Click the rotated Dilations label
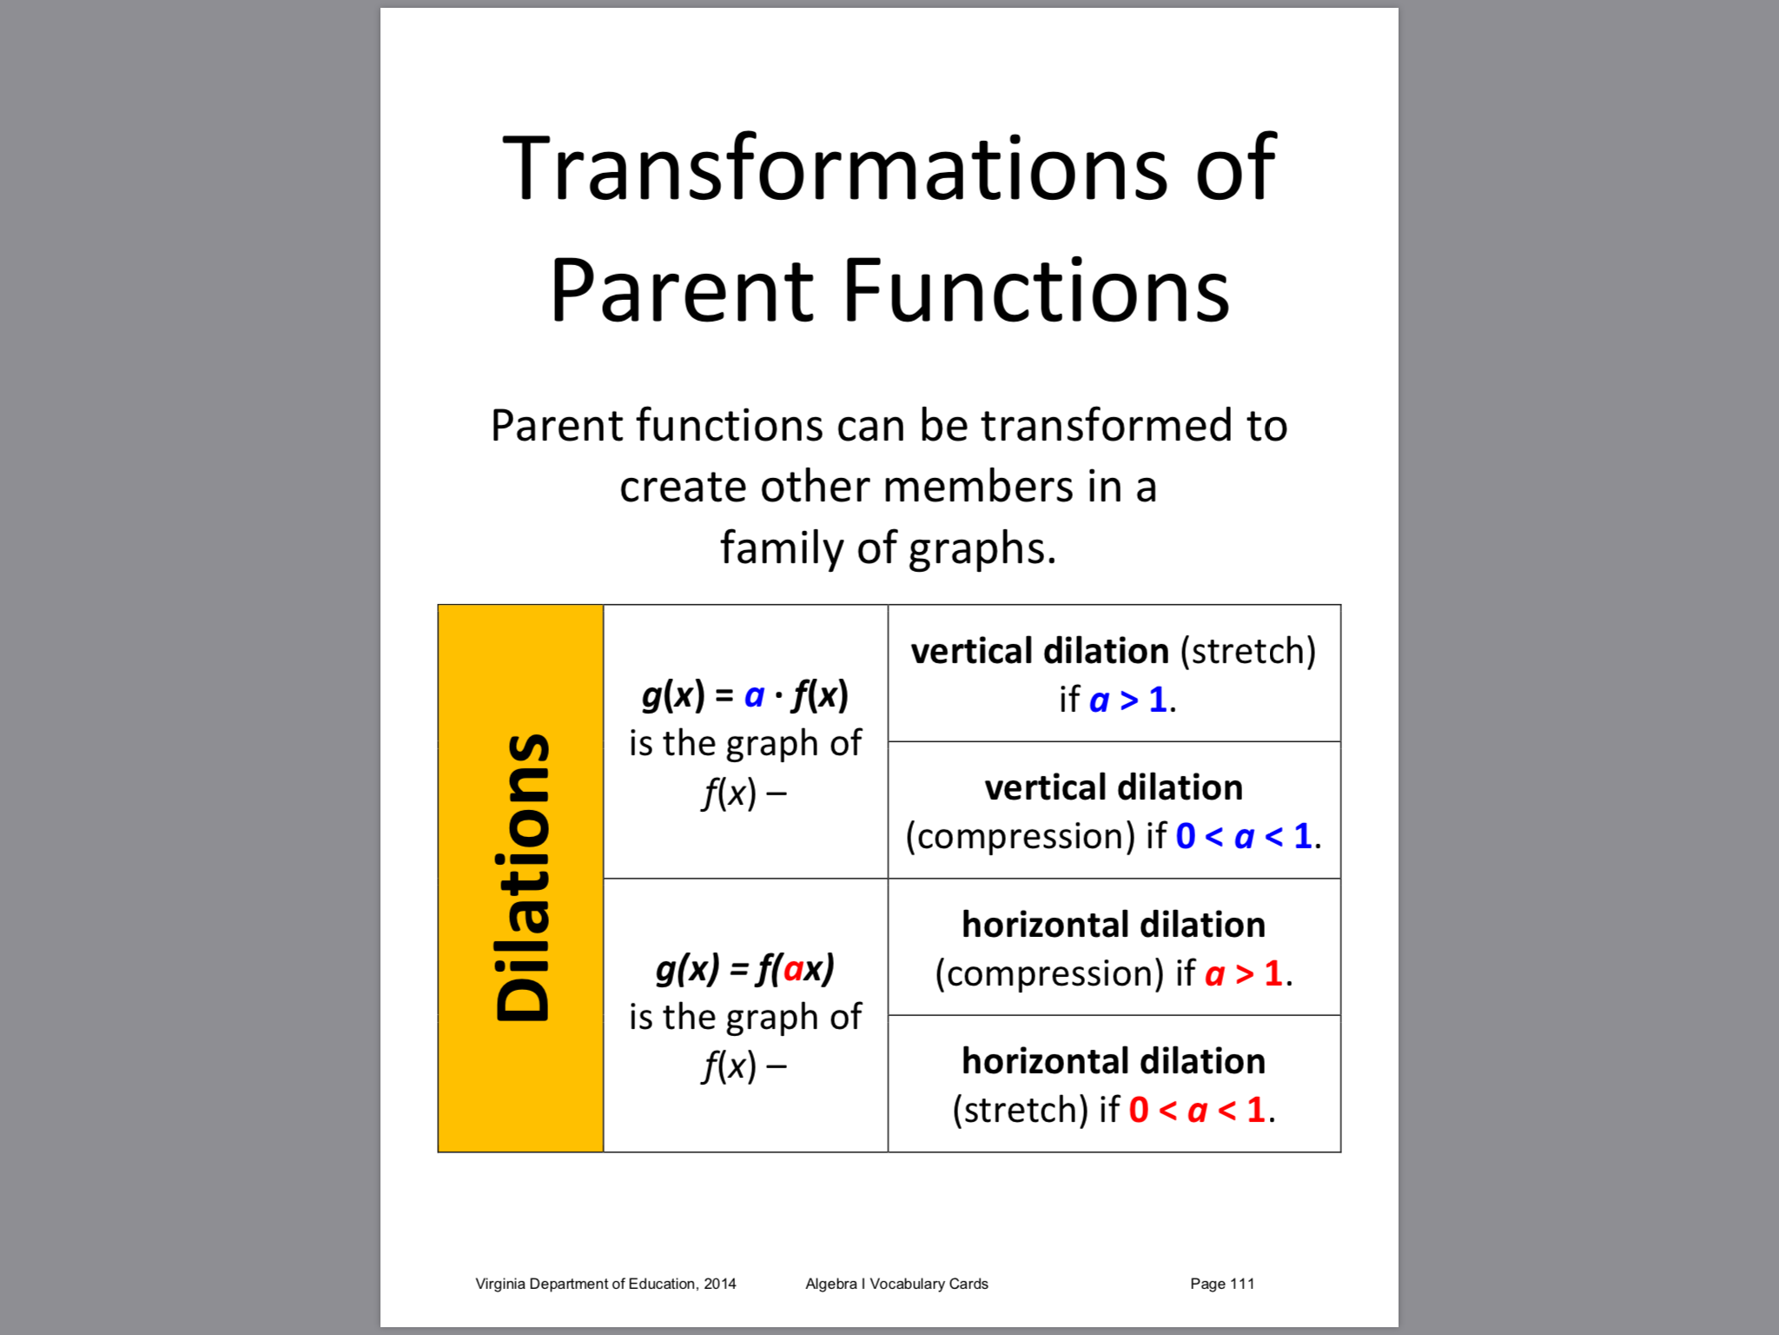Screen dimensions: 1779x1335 click(522, 877)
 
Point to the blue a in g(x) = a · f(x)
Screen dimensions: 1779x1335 click(754, 696)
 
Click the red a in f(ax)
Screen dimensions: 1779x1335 click(793, 969)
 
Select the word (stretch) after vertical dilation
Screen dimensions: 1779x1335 click(1248, 651)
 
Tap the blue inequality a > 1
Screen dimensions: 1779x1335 click(1128, 700)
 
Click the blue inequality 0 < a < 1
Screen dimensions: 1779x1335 click(1244, 836)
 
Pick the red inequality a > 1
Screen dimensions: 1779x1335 click(1244, 973)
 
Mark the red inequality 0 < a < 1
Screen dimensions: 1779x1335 click(1197, 1110)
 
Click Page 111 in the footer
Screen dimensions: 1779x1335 click(1222, 1284)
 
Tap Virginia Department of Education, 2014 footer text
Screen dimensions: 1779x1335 click(605, 1284)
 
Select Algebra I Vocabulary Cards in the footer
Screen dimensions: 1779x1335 click(896, 1284)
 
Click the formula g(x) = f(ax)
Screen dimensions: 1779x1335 click(745, 969)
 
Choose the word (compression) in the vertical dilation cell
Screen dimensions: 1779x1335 click(1021, 837)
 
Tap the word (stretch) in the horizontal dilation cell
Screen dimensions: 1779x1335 click(1021, 1110)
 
